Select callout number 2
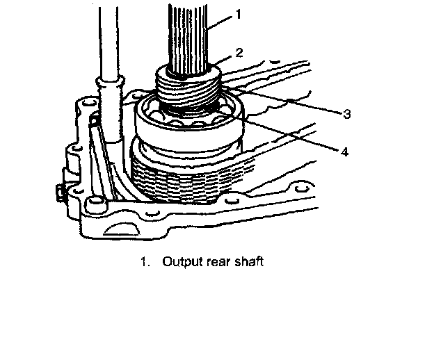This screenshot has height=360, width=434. (239, 51)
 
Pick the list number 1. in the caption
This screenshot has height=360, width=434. (145, 263)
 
